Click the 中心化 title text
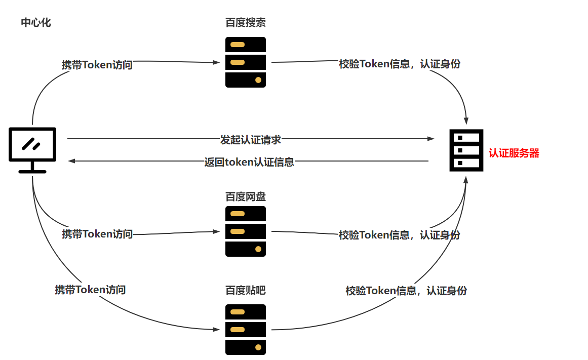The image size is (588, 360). [35, 23]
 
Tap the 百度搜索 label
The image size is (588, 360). [245, 23]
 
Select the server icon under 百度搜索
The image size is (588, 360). [245, 62]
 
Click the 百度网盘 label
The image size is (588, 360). [245, 196]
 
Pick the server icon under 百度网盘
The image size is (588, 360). [245, 231]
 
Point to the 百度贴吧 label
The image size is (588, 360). [245, 291]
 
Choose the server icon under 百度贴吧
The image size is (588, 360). [245, 330]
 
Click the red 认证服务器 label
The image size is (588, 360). [514, 153]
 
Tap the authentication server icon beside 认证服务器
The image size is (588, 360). [466, 150]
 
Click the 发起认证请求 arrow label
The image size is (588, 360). [250, 139]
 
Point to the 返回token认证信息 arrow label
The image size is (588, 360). [249, 162]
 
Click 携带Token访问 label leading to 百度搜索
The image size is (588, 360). [97, 65]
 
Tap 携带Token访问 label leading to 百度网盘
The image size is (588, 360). [97, 234]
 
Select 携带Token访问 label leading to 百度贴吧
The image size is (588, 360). [90, 290]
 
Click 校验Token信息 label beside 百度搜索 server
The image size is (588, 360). [399, 64]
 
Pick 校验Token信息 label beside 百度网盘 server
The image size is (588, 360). [399, 235]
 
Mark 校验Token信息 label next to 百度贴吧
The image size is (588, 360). [406, 291]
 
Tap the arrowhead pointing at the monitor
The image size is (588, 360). [72, 161]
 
